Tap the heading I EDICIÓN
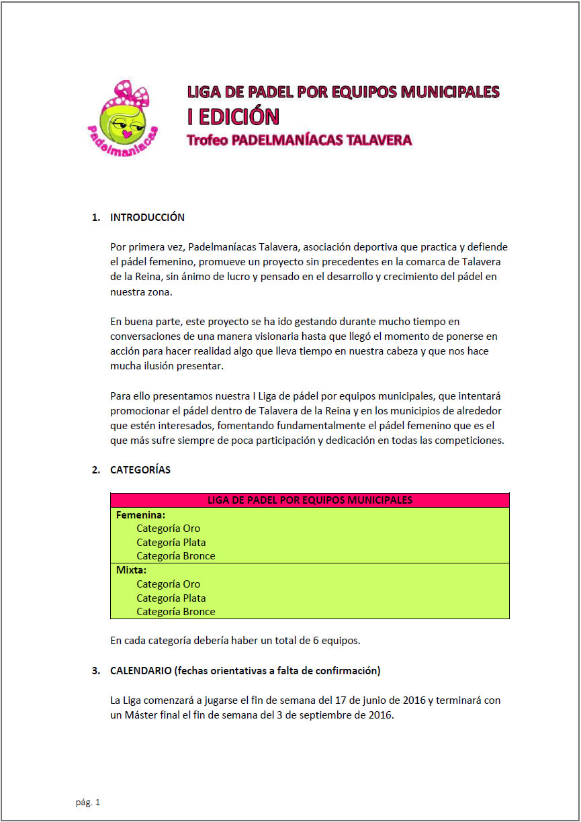[232, 116]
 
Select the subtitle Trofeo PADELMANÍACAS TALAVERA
[299, 140]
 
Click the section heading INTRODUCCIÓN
[147, 218]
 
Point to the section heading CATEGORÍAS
[140, 470]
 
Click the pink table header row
[310, 500]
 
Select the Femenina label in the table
[140, 515]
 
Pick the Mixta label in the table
[131, 571]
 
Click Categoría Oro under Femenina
[168, 529]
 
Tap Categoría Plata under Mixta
[171, 598]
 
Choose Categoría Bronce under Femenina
[175, 556]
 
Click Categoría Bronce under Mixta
[175, 612]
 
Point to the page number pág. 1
[87, 803]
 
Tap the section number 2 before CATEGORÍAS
[95, 470]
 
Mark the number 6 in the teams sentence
[316, 641]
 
